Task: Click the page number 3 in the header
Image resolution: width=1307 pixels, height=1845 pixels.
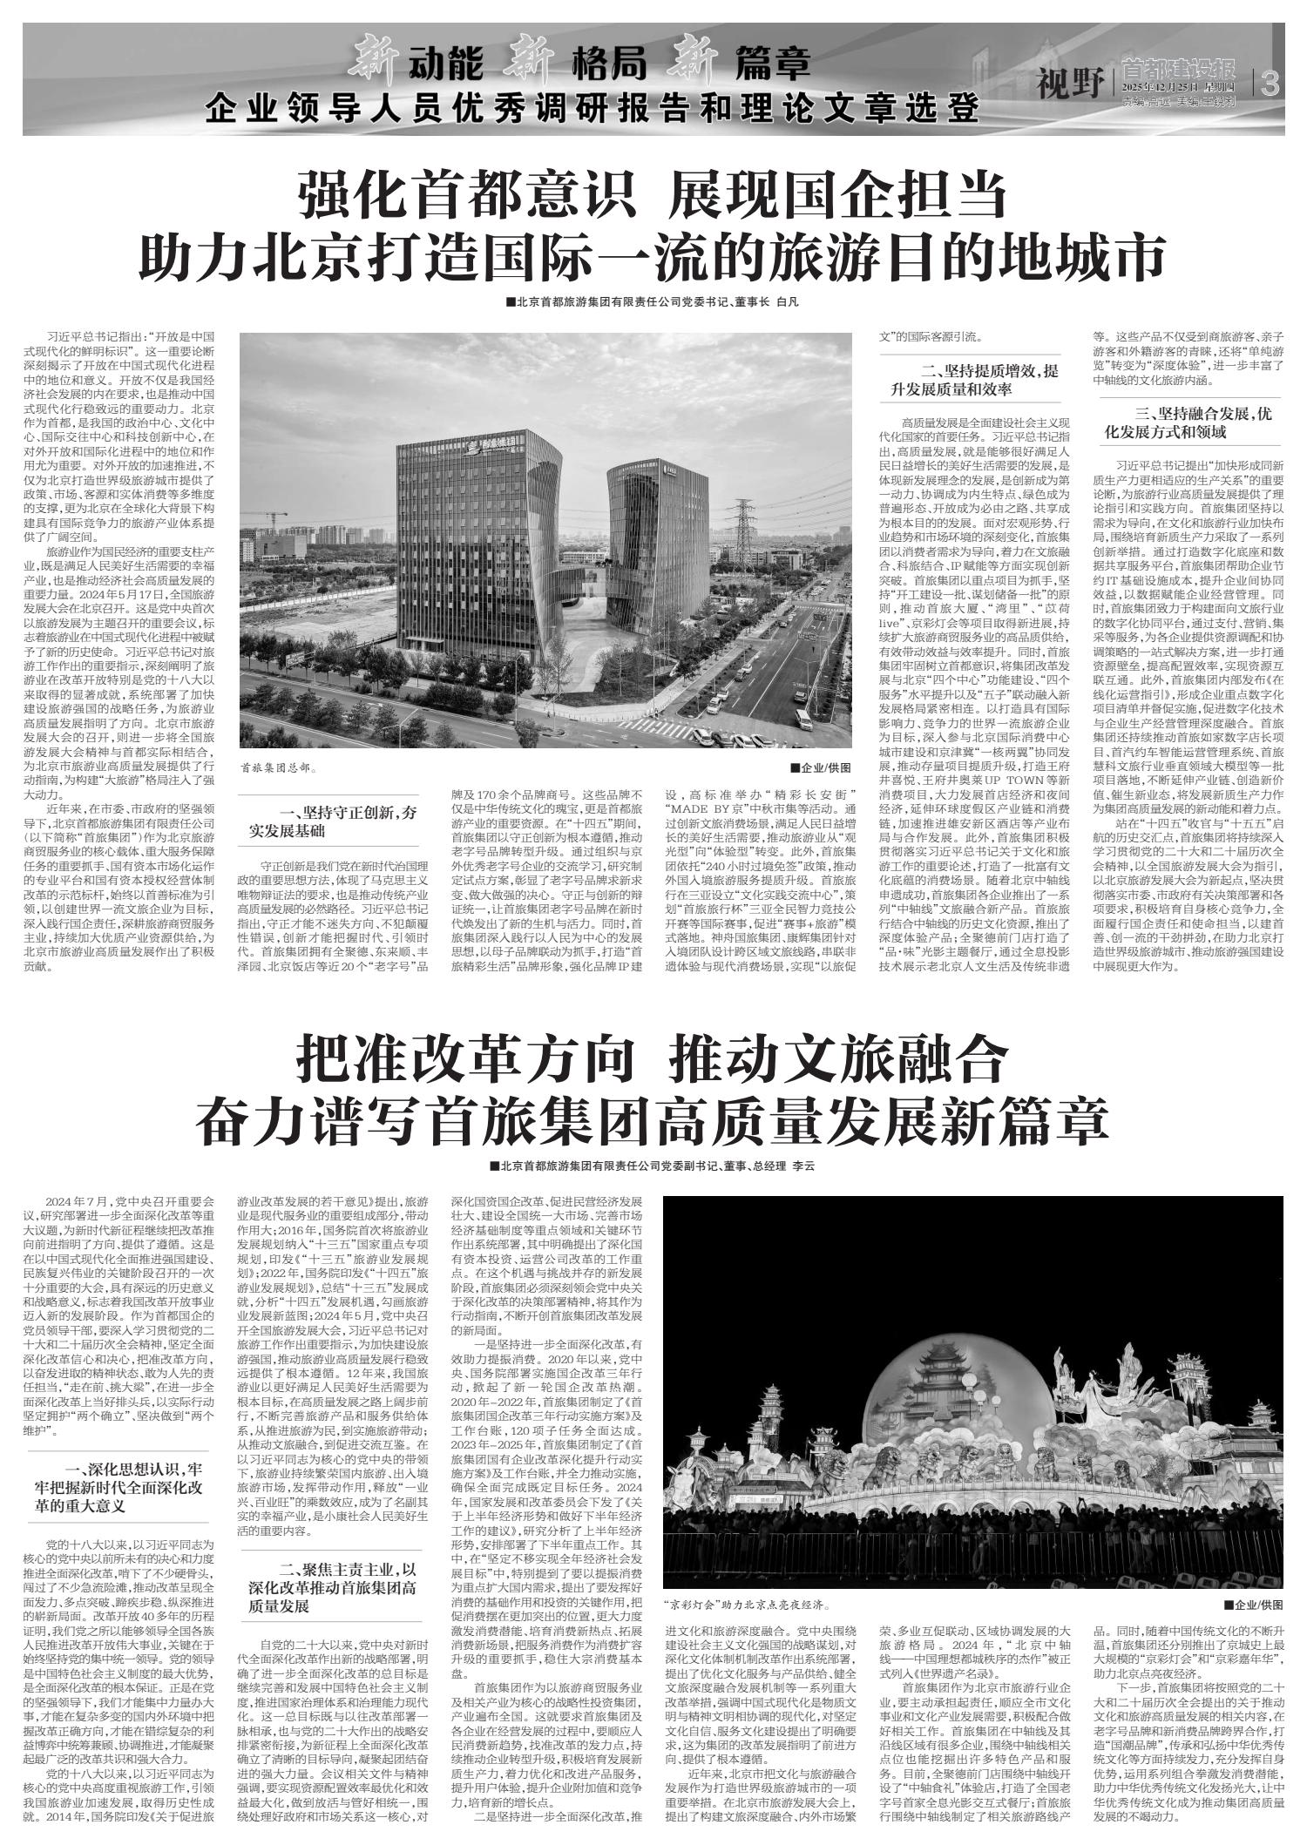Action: pyautogui.click(x=1270, y=84)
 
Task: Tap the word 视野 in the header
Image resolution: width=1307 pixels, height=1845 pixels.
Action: pyautogui.click(x=1069, y=84)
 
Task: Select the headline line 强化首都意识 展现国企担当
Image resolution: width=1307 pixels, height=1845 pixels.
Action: pyautogui.click(x=653, y=194)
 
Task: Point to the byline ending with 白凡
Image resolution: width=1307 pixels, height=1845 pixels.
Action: pyautogui.click(x=652, y=302)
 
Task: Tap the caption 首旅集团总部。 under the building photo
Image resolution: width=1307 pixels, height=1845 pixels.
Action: pyautogui.click(x=279, y=769)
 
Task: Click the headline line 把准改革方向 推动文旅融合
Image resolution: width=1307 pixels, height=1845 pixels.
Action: pyautogui.click(x=653, y=1059)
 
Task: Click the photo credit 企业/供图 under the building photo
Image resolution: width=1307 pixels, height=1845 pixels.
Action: pyautogui.click(x=821, y=768)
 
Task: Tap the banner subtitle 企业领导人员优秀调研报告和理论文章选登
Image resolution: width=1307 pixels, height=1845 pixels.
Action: pyautogui.click(x=593, y=110)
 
